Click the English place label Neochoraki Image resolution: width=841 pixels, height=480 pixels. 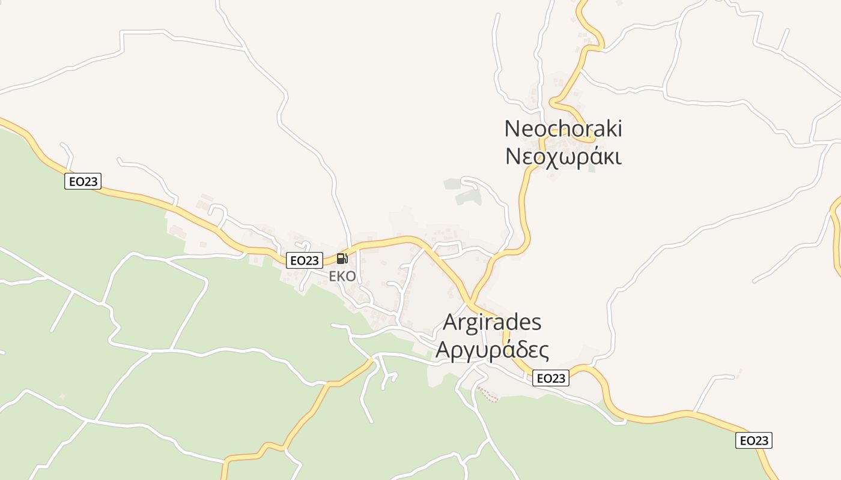coord(563,128)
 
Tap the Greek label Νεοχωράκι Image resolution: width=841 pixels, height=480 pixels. coord(563,156)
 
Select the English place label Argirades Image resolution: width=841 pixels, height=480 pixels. coord(492,322)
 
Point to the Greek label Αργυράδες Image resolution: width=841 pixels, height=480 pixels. coord(492,349)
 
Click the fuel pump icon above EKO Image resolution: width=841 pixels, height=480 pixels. coord(342,259)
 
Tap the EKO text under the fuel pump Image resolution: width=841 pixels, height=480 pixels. coord(342,277)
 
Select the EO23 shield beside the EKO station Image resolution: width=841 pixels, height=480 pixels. coord(305,260)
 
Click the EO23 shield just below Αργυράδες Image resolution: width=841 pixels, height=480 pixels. coord(550,378)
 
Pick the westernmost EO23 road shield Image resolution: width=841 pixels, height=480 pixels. coord(83,181)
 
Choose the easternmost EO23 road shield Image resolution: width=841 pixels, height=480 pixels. coord(753,440)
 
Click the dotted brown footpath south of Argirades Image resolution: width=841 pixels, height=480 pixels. coord(488,394)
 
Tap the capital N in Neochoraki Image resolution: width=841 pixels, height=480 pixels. coord(512,128)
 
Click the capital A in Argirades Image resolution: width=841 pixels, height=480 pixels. coord(451,322)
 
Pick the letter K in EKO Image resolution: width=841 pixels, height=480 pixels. coord(342,277)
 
